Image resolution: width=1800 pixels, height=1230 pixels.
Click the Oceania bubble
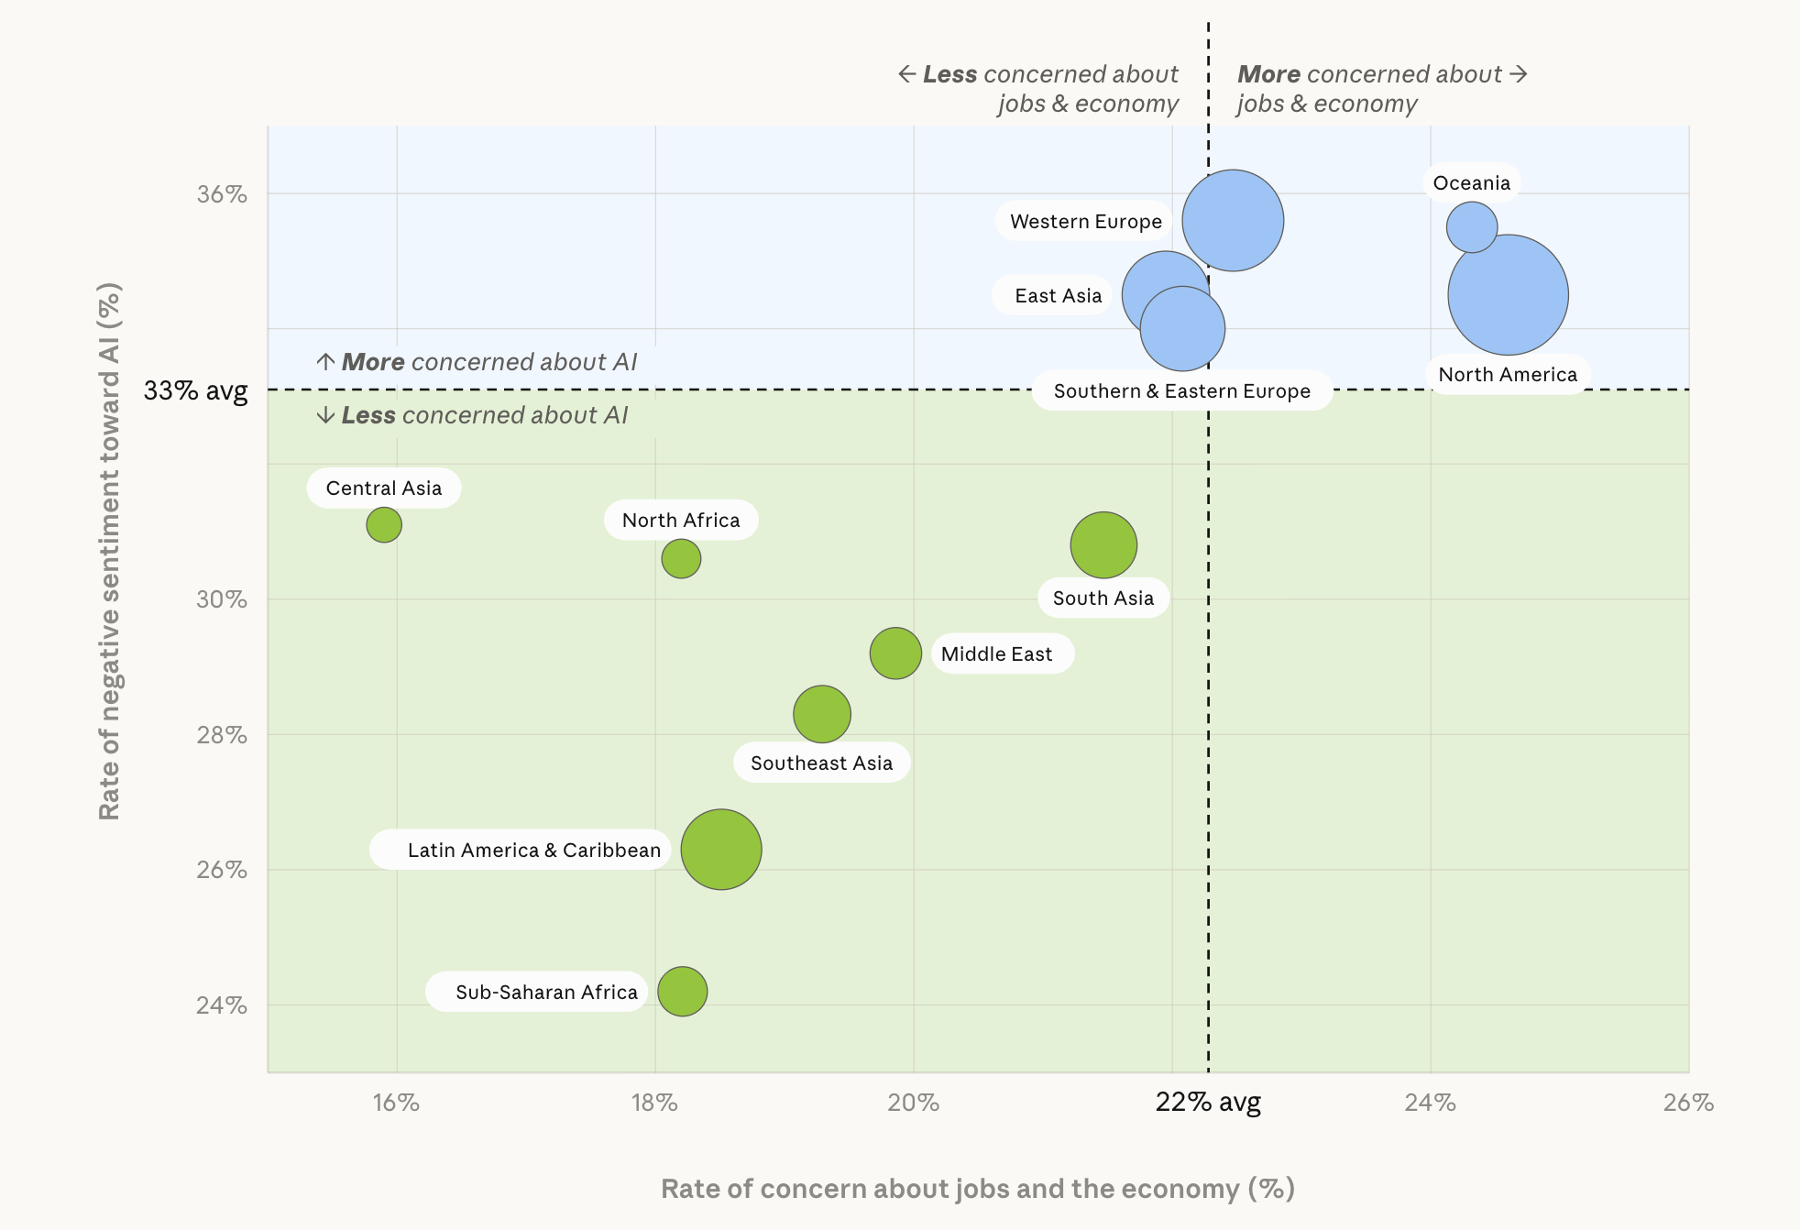point(1471,226)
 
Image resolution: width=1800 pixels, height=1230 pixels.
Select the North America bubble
point(1508,295)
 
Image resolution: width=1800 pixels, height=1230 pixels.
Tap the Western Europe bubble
point(1233,220)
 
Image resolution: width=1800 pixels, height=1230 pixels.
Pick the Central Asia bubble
point(384,525)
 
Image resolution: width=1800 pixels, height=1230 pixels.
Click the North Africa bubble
point(681,558)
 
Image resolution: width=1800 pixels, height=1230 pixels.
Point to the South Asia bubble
point(1103,545)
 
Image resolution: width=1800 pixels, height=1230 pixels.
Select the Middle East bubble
point(895,653)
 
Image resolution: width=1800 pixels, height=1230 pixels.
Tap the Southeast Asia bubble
point(822,714)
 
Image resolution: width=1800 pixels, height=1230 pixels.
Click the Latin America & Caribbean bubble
point(721,850)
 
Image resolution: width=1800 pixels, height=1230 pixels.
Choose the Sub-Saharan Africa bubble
point(683,992)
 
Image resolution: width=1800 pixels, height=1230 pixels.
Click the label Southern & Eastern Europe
point(1181,391)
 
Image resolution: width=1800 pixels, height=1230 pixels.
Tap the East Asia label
point(1058,296)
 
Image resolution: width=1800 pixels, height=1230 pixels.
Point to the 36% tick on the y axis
point(222,194)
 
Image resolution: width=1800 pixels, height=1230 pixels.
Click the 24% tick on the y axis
point(222,1005)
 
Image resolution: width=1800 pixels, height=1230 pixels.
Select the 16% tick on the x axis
point(396,1103)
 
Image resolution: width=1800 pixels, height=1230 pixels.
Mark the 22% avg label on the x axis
point(1208,1103)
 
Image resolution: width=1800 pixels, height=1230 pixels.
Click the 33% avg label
point(195,390)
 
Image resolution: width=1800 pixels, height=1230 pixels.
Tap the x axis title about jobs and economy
point(977,1189)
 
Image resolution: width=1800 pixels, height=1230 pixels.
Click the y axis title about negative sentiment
point(109,550)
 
